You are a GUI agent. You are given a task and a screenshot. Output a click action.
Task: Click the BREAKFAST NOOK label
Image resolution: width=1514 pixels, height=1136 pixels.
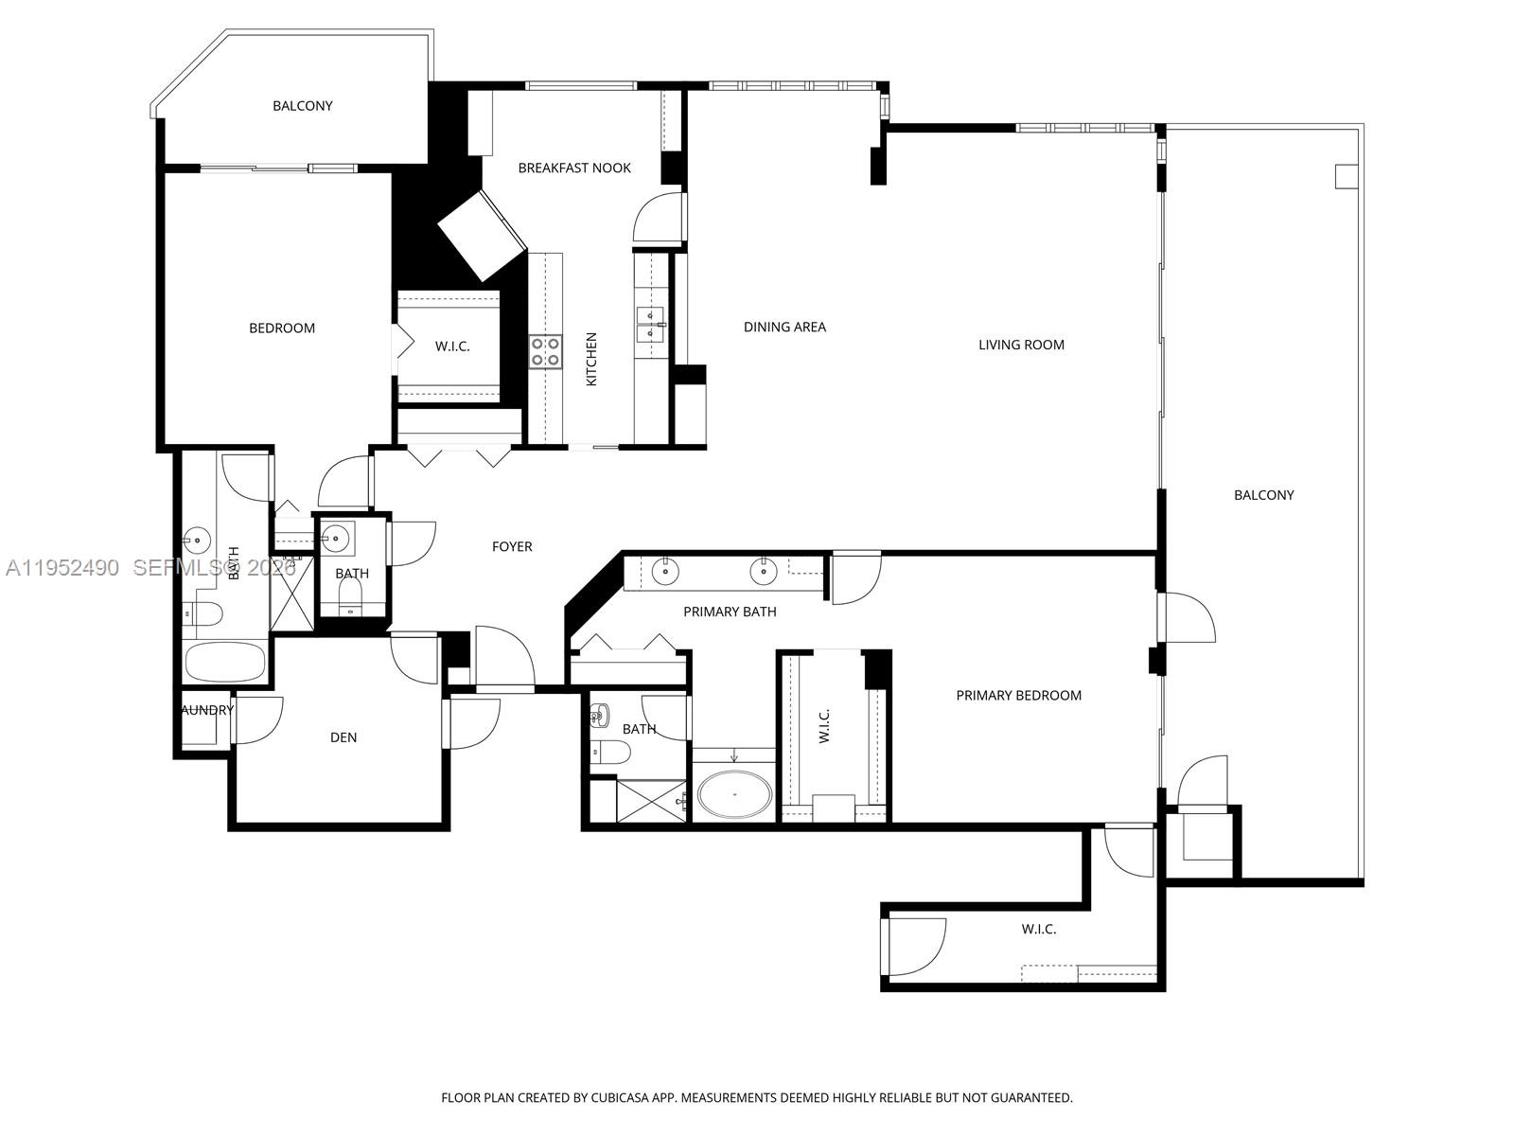pos(574,169)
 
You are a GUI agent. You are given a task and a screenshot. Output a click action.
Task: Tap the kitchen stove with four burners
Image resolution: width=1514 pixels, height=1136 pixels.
pos(544,352)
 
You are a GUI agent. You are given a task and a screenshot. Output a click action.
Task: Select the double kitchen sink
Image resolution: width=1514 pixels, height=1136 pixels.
pos(651,324)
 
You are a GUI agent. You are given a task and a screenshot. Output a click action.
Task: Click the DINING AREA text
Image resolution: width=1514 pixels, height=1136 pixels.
pos(784,328)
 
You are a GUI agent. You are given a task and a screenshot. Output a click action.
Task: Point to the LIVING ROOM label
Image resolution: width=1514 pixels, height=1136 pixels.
pos(1021,346)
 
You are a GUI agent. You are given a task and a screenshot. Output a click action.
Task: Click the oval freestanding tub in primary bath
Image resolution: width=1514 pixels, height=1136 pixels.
pos(733,793)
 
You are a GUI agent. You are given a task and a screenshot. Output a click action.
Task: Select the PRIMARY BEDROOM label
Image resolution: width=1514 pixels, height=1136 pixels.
pos(1018,696)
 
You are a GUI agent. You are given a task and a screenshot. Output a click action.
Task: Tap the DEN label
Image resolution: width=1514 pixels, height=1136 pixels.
pos(343,737)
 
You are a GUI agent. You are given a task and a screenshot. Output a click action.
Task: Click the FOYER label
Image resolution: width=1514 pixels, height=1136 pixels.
pos(512,547)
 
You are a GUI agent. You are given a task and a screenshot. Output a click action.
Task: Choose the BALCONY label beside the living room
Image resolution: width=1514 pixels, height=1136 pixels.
pos(1263,495)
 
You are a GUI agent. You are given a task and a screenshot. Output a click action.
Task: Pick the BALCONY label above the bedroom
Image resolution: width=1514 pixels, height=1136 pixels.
pos(303,106)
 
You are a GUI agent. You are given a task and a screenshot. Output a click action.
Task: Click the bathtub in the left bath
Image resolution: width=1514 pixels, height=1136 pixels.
pos(225,662)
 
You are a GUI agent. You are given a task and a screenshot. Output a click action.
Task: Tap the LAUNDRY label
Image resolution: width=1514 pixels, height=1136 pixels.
pos(207,710)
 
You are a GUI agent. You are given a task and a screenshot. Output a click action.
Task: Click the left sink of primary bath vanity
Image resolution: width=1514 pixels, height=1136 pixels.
pos(666,571)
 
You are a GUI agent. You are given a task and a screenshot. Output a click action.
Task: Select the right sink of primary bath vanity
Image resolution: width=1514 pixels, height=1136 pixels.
pos(763,571)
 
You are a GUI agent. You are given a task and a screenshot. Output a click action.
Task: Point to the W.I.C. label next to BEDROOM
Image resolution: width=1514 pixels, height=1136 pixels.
pos(452,346)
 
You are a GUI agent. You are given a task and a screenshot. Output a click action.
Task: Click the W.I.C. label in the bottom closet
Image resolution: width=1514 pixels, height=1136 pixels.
pos(1038,930)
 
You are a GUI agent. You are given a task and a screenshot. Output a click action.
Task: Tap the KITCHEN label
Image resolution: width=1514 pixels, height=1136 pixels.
pos(591,359)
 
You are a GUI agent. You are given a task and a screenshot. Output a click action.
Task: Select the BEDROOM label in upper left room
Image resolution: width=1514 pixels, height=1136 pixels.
pos(282,328)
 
